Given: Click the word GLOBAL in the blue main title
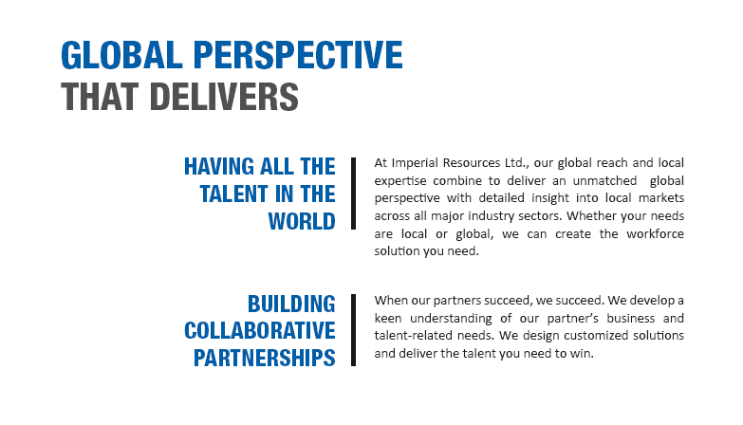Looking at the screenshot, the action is pos(121,55).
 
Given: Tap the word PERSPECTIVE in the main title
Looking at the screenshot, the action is pos(298,55).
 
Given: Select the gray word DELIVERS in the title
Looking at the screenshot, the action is pos(224,97).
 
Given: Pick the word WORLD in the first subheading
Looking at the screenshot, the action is pos(302,221).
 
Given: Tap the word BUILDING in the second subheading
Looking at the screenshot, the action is pos(291,305).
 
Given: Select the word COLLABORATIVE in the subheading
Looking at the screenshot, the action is pos(260,331).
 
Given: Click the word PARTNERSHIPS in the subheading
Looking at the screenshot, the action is pos(265,358).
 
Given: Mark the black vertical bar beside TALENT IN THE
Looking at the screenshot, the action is pos(354,194).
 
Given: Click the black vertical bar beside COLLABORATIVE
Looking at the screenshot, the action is pos(354,330).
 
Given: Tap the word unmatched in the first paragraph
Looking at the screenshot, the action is pos(604,181).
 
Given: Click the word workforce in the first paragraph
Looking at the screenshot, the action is pos(656,234).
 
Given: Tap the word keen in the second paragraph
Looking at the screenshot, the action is pos(388,318).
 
